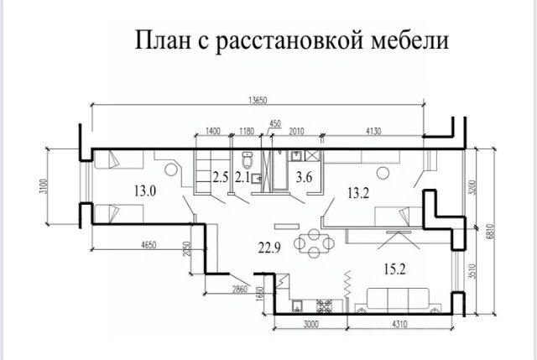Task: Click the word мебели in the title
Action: click(410, 41)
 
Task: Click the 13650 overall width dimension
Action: click(258, 101)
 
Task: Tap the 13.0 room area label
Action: click(145, 190)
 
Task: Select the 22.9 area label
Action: click(269, 248)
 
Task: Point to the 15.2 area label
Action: click(394, 269)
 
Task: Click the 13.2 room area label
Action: click(358, 194)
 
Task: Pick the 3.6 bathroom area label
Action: click(304, 177)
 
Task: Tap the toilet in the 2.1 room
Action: click(248, 159)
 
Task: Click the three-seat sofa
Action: click(398, 300)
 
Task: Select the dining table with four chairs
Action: click(314, 243)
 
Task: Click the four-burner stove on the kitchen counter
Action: click(324, 306)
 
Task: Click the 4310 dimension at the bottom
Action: click(399, 324)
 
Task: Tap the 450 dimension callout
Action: click(275, 123)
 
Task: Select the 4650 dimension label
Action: click(149, 245)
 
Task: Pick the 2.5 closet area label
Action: click(220, 177)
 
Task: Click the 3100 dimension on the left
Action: click(43, 186)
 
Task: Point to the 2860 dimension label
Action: click(240, 290)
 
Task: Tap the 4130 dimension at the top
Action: click(373, 131)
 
